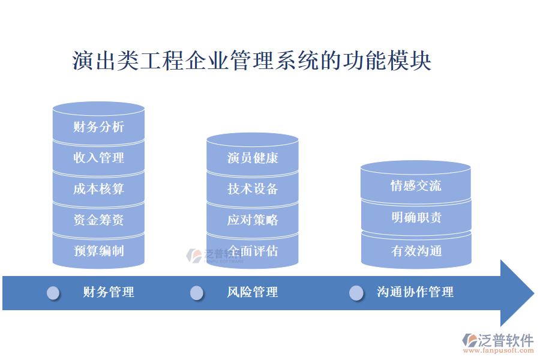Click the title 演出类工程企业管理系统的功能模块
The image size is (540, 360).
[252, 61]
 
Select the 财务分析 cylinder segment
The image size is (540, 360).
[98, 127]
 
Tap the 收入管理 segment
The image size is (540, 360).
[98, 158]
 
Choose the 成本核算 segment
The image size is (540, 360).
[98, 189]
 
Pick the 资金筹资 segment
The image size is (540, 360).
[98, 220]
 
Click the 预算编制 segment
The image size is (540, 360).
[98, 251]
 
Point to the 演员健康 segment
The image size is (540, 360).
[253, 158]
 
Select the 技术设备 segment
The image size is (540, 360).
[253, 189]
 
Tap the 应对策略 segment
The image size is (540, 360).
[253, 220]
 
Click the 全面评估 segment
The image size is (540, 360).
[253, 251]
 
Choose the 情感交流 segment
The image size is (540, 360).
[416, 186]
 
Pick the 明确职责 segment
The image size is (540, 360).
[416, 217]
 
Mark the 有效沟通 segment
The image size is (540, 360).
[416, 251]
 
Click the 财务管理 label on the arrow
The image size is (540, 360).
[109, 292]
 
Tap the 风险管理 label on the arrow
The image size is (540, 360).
[253, 292]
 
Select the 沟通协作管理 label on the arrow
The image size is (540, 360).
[415, 292]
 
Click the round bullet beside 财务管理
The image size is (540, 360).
[53, 293]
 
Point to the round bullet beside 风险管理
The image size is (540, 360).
[197, 293]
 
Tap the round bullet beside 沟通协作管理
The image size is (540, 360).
[356, 293]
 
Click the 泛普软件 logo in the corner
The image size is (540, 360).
[497, 341]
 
